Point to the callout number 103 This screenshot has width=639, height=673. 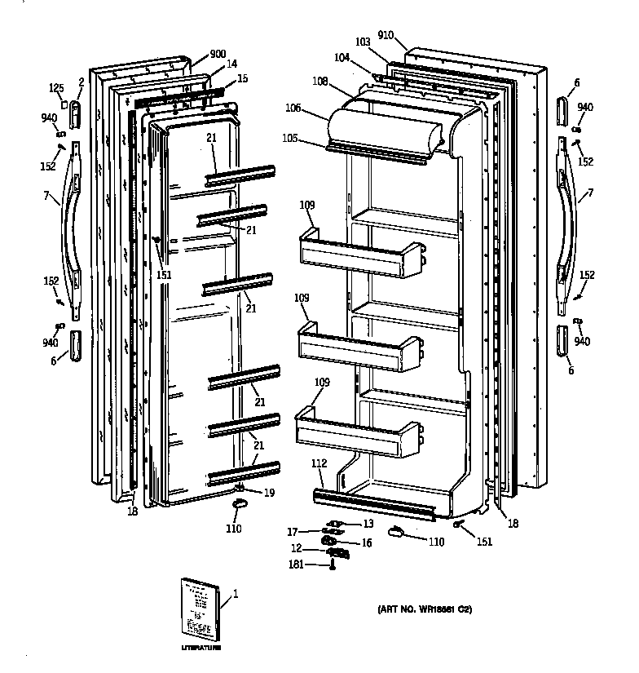coord(362,41)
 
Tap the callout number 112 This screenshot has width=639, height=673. coord(319,463)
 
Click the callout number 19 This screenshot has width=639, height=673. coord(268,492)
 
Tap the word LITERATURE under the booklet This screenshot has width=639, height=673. coord(201,647)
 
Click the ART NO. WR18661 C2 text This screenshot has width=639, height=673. coord(424,609)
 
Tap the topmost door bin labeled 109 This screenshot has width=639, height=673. coord(359,248)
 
